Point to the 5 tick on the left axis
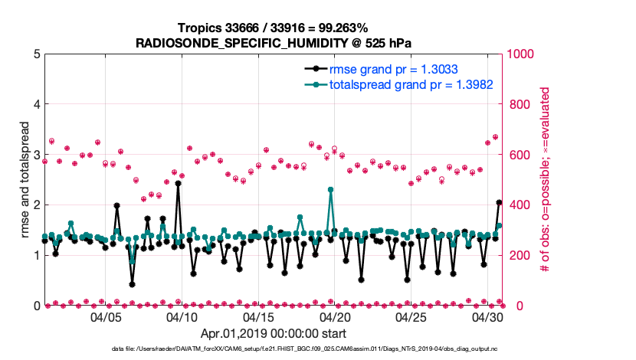36,54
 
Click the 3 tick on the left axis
36,155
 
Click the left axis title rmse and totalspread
24,180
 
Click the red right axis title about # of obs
545,180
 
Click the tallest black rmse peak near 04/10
178,183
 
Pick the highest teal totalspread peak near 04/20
330,189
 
